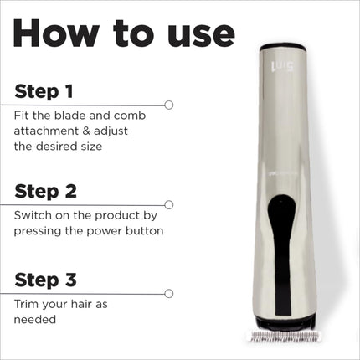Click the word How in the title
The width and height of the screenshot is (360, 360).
point(56,33)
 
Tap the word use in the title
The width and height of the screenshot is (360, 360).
point(201,36)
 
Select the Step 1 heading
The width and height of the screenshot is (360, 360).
point(44,91)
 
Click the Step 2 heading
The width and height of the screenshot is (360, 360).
point(45,191)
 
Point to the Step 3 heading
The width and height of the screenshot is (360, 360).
point(45,280)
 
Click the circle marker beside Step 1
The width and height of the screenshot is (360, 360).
point(169,105)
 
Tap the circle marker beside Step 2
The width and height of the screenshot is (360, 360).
point(169,205)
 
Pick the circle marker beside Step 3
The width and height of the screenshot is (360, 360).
point(169,294)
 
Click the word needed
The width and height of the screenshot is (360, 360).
point(35,320)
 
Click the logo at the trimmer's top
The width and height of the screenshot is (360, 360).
point(282,67)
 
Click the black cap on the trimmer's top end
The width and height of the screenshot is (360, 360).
point(283,46)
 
